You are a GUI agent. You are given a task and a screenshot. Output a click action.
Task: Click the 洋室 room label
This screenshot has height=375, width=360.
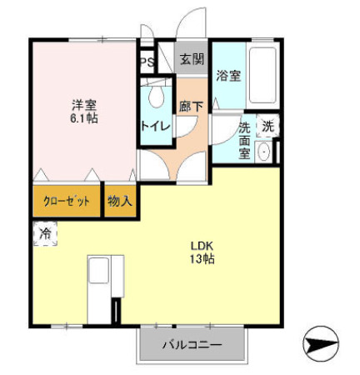point(84,105)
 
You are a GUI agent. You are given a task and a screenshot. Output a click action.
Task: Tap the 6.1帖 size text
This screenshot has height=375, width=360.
point(84,119)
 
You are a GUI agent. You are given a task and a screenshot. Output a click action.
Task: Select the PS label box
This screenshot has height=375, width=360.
point(147,62)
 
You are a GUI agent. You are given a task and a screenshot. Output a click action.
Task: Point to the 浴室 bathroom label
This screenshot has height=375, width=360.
point(228,76)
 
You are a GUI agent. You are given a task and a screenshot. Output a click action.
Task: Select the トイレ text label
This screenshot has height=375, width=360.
point(155,126)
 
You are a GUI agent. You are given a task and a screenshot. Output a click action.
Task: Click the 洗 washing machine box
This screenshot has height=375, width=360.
point(267,127)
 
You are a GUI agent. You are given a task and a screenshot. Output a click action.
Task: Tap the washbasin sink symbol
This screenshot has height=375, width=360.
point(263,152)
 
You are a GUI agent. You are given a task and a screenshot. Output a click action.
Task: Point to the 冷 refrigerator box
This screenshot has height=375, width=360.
point(45,234)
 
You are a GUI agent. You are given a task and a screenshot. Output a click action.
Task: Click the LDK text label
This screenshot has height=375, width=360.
point(202,247)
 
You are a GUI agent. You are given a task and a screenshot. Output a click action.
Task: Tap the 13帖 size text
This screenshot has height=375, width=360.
point(202,260)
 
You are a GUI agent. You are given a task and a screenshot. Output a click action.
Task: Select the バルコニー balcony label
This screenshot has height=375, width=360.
point(192,344)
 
